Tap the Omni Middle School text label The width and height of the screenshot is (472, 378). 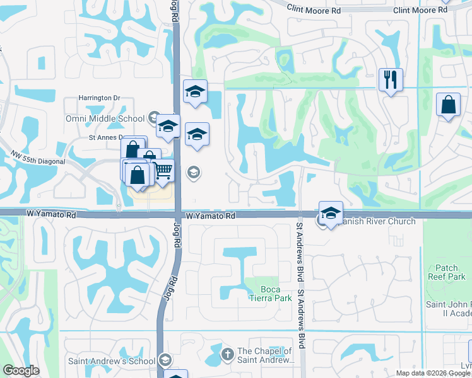[105, 118]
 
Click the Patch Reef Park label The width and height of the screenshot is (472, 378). [451, 272]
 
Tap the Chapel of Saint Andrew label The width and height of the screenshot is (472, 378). [264, 356]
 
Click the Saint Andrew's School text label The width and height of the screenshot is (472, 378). [112, 361]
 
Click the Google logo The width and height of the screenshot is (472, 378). [21, 371]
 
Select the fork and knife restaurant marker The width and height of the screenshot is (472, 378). [390, 79]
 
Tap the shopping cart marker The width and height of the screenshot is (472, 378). [163, 170]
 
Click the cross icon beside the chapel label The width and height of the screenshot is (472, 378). [227, 354]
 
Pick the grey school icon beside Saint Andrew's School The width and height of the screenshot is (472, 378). [165, 360]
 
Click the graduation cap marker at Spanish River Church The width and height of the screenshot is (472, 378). [331, 212]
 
